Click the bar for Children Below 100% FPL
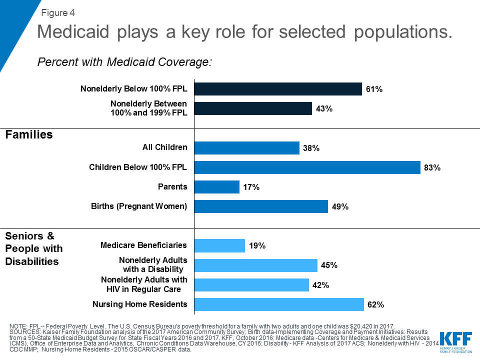point(307,167)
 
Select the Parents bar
point(216,187)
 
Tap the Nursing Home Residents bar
point(278,304)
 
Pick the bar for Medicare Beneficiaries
point(219,245)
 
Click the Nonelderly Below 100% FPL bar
point(277,89)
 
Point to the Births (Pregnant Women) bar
point(260,206)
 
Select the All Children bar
point(246,148)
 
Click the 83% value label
point(432,168)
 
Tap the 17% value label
point(251,187)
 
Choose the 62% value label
point(375,304)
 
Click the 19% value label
point(257,246)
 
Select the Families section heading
point(29,134)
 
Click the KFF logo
point(455,340)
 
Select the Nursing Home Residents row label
point(139,304)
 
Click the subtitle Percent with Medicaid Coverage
point(125,62)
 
